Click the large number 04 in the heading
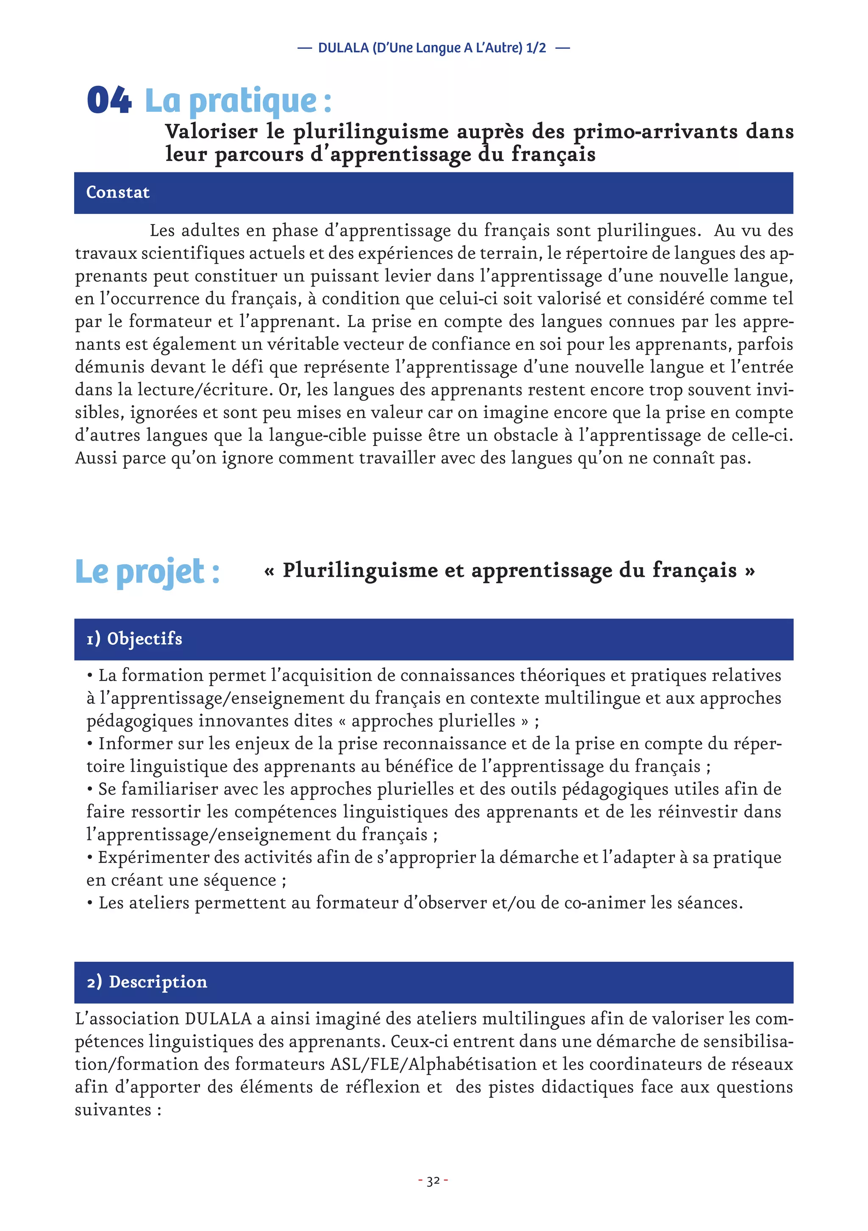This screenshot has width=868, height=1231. (x=109, y=100)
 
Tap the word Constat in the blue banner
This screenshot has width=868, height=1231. (x=118, y=192)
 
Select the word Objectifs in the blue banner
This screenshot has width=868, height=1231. (x=145, y=638)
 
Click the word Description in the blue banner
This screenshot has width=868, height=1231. (x=158, y=981)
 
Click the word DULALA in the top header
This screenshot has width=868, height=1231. (x=343, y=48)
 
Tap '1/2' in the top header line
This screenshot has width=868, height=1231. (x=536, y=48)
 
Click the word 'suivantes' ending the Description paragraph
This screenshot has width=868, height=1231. (x=113, y=1109)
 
